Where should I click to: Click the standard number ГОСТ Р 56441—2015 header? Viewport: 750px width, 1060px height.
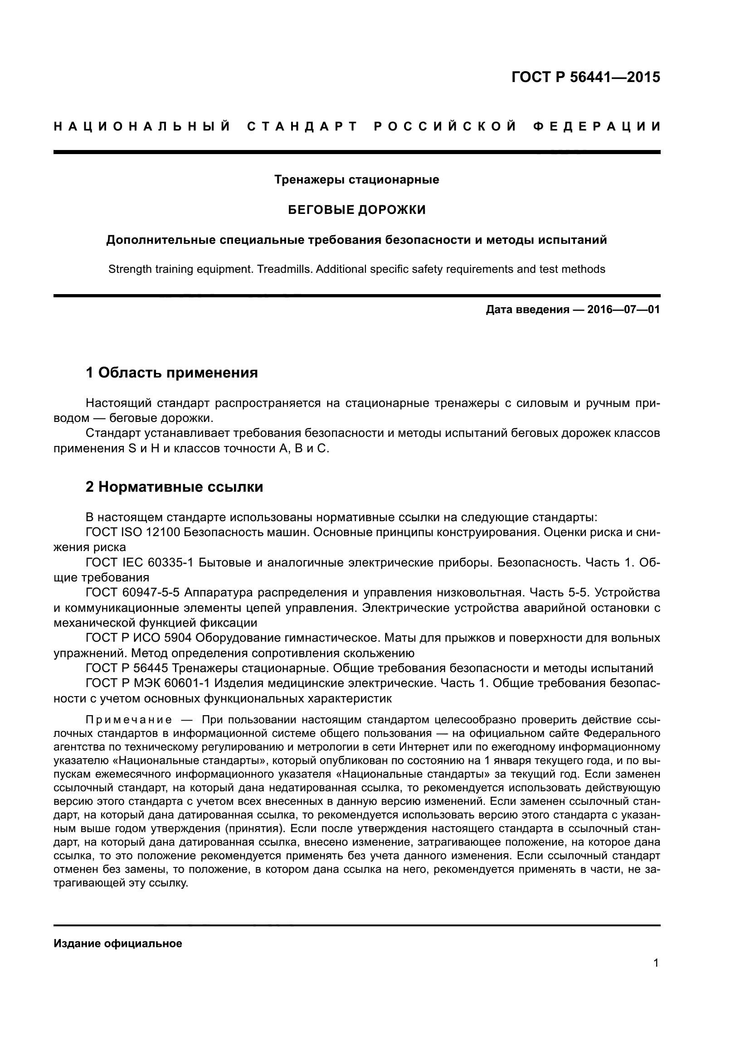coord(585,77)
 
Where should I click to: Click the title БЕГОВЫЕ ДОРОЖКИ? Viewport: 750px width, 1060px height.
coord(356,210)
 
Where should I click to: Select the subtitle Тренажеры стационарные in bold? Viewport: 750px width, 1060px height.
coord(356,179)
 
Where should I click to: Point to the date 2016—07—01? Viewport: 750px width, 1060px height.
coord(623,310)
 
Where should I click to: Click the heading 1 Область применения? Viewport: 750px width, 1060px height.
coord(172,372)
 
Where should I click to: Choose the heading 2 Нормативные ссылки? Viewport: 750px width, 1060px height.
coord(174,487)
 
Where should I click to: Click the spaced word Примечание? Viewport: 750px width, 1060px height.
coord(129,720)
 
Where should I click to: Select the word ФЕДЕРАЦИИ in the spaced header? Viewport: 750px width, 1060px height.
coord(597,126)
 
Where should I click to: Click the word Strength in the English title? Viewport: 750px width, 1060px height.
coord(130,269)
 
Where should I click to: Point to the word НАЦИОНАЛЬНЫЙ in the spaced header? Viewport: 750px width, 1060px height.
coord(142,126)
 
